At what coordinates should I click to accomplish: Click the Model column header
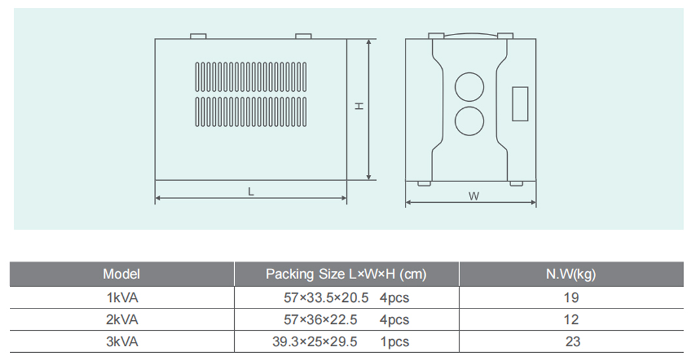pyautogui.click(x=121, y=275)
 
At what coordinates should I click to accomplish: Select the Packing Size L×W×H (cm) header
pyautogui.click(x=345, y=275)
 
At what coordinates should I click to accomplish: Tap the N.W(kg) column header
pyautogui.click(x=570, y=275)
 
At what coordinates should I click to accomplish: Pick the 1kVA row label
pyautogui.click(x=122, y=298)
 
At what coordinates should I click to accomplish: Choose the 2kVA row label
pyautogui.click(x=122, y=320)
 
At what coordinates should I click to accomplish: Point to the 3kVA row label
pyautogui.click(x=122, y=341)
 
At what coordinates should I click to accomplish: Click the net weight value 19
pyautogui.click(x=572, y=298)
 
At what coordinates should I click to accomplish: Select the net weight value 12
pyautogui.click(x=572, y=320)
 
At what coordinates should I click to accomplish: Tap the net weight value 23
pyautogui.click(x=573, y=341)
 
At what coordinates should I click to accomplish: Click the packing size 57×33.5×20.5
pyautogui.click(x=326, y=298)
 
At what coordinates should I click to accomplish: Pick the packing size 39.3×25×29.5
pyautogui.click(x=315, y=341)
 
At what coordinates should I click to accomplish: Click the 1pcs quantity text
pyautogui.click(x=394, y=341)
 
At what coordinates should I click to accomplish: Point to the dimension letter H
pyautogui.click(x=359, y=106)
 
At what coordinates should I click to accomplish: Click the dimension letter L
pyautogui.click(x=250, y=192)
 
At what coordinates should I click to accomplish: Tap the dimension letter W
pyautogui.click(x=473, y=196)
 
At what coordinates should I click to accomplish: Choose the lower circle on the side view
pyautogui.click(x=469, y=122)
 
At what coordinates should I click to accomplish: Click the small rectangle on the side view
pyautogui.click(x=520, y=104)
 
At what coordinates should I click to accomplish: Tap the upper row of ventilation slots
pyautogui.click(x=250, y=77)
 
